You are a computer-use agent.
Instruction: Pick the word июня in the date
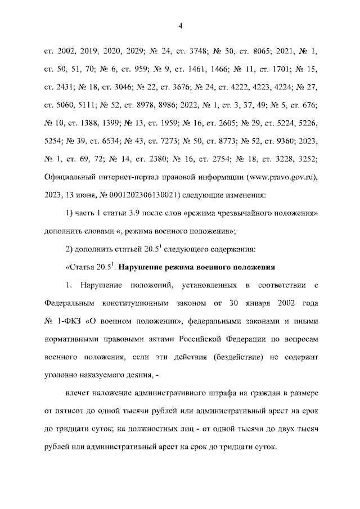click(89, 196)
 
